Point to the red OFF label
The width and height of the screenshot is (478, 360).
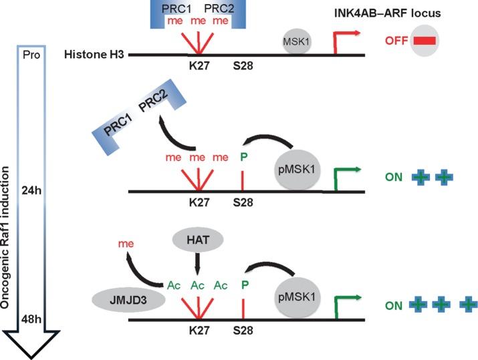pyautogui.click(x=396, y=41)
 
